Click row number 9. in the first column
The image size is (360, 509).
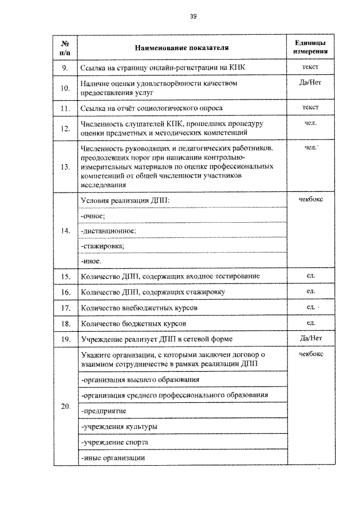tap(65, 69)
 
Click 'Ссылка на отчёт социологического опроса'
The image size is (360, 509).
tap(151, 108)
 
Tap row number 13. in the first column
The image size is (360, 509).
tap(65, 166)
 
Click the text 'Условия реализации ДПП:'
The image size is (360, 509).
tap(125, 201)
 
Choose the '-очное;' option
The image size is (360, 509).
tap(94, 216)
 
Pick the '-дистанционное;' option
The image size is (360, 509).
tap(109, 231)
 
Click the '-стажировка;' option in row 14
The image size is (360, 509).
tap(103, 246)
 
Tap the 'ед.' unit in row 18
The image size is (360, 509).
tap(310, 323)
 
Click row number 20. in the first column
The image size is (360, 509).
tap(65, 407)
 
